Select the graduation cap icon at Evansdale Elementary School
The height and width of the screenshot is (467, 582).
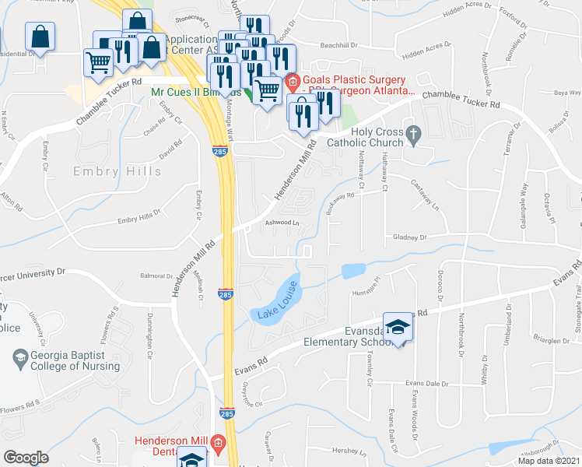coord(398,328)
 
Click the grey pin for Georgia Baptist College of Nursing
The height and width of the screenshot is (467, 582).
coord(19,359)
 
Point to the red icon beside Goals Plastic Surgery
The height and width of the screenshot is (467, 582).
coord(293,81)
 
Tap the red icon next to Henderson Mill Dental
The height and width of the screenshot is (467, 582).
coord(219,444)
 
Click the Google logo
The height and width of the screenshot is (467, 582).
coord(26,458)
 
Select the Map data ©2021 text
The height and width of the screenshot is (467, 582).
coord(549,461)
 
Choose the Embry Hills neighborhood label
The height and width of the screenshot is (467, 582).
coord(107,171)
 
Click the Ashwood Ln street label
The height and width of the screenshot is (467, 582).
coord(282,223)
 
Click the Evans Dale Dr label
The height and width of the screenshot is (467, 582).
coord(432,383)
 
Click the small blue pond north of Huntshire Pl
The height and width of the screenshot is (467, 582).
coord(353,271)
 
